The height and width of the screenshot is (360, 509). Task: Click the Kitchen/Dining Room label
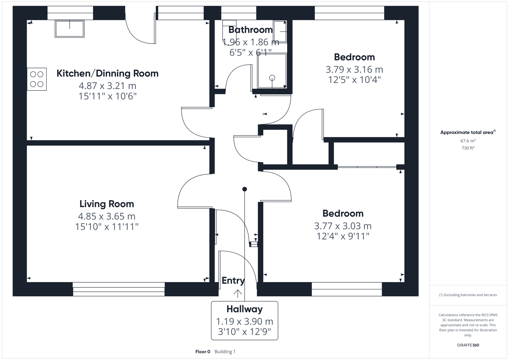coord(107,73)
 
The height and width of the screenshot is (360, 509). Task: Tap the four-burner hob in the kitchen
coord(37,79)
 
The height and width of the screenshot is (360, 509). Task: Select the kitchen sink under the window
coord(70,29)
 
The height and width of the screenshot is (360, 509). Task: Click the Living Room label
coord(107,204)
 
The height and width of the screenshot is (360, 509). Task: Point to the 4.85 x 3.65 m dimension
coord(107,216)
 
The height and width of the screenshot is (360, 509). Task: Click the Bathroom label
coord(250,30)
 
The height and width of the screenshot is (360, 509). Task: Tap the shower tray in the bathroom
coord(272,71)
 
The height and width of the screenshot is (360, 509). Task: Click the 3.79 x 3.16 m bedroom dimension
coord(354,70)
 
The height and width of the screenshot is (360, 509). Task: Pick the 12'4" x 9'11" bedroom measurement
coord(343,236)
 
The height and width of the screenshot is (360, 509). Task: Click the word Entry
coord(233,281)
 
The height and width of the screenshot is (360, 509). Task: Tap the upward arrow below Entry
coord(238,294)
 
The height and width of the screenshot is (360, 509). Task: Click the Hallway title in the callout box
coord(244,309)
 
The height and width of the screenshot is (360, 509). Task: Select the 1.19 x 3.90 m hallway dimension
coord(244,322)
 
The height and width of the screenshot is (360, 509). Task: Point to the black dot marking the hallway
coord(245,189)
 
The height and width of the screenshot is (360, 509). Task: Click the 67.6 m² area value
coord(468,141)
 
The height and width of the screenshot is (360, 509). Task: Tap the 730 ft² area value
coord(468,148)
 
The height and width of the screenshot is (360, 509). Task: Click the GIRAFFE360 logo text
coord(468,345)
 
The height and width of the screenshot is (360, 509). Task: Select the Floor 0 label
coord(203,352)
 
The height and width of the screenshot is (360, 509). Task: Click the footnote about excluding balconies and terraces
coord(468,295)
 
